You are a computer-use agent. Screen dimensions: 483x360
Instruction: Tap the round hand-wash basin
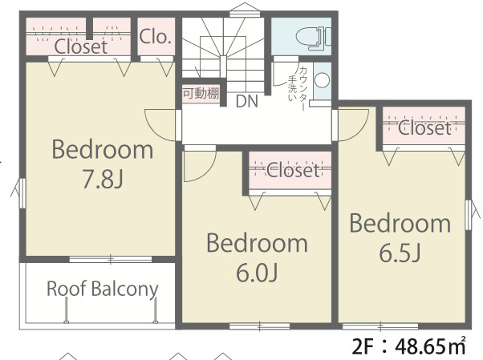(x=322, y=80)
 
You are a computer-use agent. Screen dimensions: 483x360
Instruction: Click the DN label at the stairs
(x=247, y=101)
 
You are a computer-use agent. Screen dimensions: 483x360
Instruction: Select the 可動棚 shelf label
(x=201, y=93)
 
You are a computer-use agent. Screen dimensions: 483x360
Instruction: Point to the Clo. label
(x=155, y=37)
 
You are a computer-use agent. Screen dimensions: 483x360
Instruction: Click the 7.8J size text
(x=103, y=180)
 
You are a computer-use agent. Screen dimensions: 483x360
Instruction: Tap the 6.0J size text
(x=258, y=273)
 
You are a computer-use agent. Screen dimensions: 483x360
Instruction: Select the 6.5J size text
(x=400, y=253)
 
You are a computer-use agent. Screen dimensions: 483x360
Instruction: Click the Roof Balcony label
(x=102, y=289)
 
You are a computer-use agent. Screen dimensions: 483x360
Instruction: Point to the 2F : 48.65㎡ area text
(x=408, y=346)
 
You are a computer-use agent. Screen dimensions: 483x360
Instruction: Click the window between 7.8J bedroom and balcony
(x=111, y=259)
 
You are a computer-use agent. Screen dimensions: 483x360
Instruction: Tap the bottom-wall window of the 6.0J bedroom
(x=260, y=326)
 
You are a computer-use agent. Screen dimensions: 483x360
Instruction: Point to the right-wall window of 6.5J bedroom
(x=469, y=215)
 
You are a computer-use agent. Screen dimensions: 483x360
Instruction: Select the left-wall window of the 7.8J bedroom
(x=22, y=192)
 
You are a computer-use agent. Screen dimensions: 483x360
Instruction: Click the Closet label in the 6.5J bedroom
(x=424, y=128)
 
